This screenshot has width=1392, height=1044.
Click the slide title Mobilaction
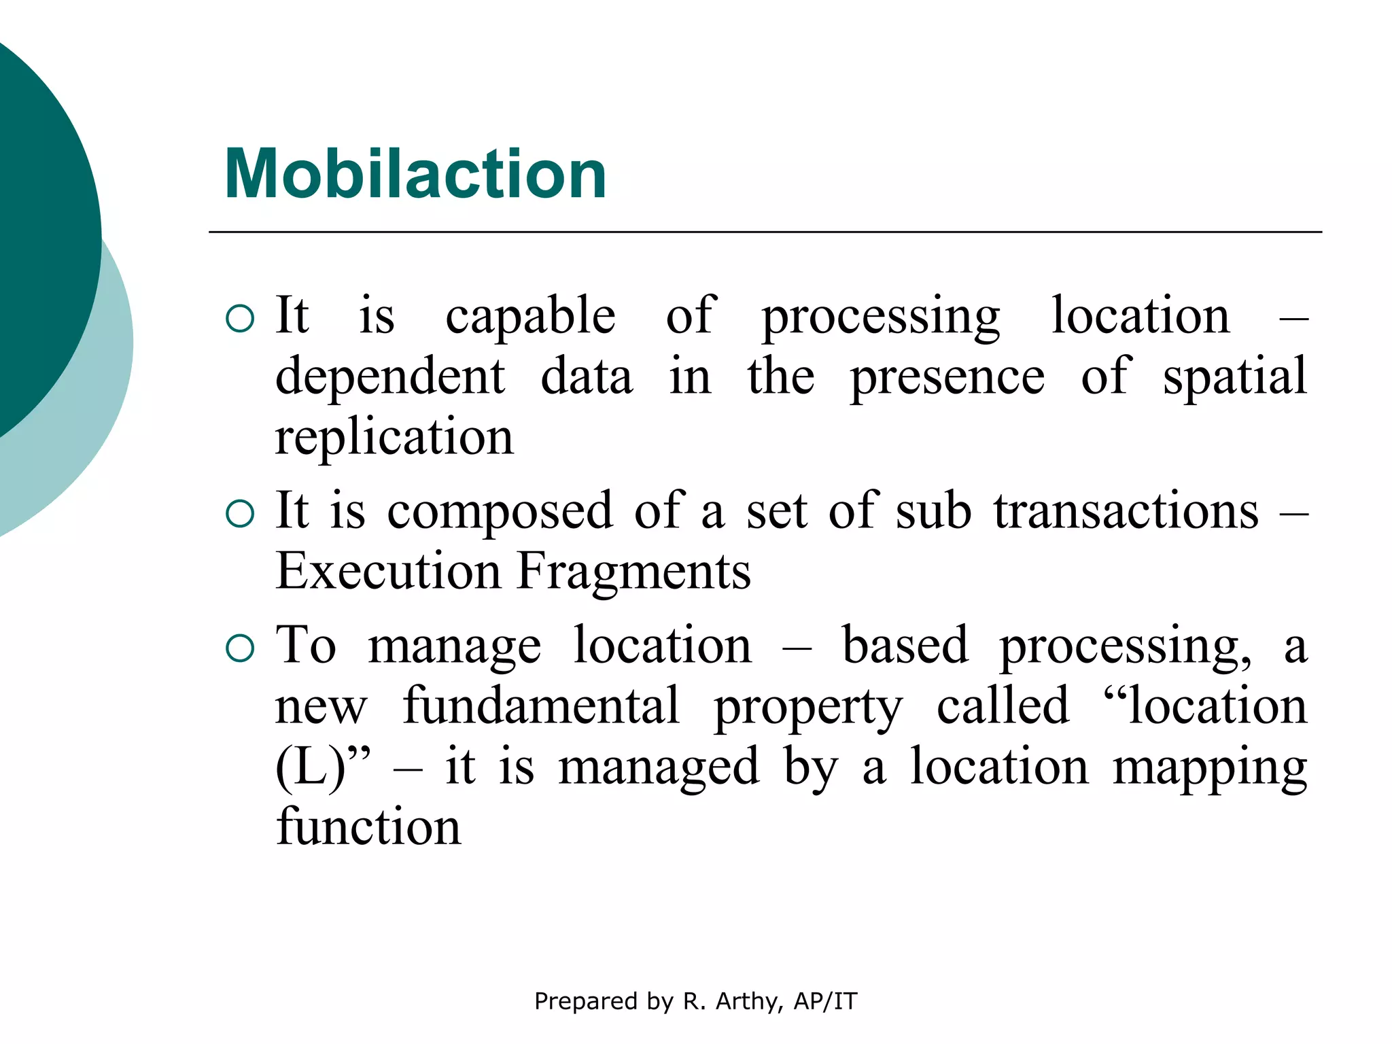tap(415, 175)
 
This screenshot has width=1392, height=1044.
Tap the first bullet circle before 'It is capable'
tap(239, 318)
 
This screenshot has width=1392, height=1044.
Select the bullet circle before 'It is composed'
tap(239, 514)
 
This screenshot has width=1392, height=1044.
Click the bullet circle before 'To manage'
tap(239, 648)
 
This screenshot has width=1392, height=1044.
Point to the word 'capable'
tap(530, 317)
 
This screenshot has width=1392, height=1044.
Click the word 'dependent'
tap(390, 377)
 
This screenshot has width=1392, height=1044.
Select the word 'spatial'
tap(1234, 377)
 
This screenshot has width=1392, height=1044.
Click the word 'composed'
tap(500, 511)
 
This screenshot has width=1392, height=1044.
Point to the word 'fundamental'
tap(541, 707)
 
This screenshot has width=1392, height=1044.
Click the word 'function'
tap(368, 826)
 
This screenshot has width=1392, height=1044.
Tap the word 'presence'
tap(947, 378)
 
